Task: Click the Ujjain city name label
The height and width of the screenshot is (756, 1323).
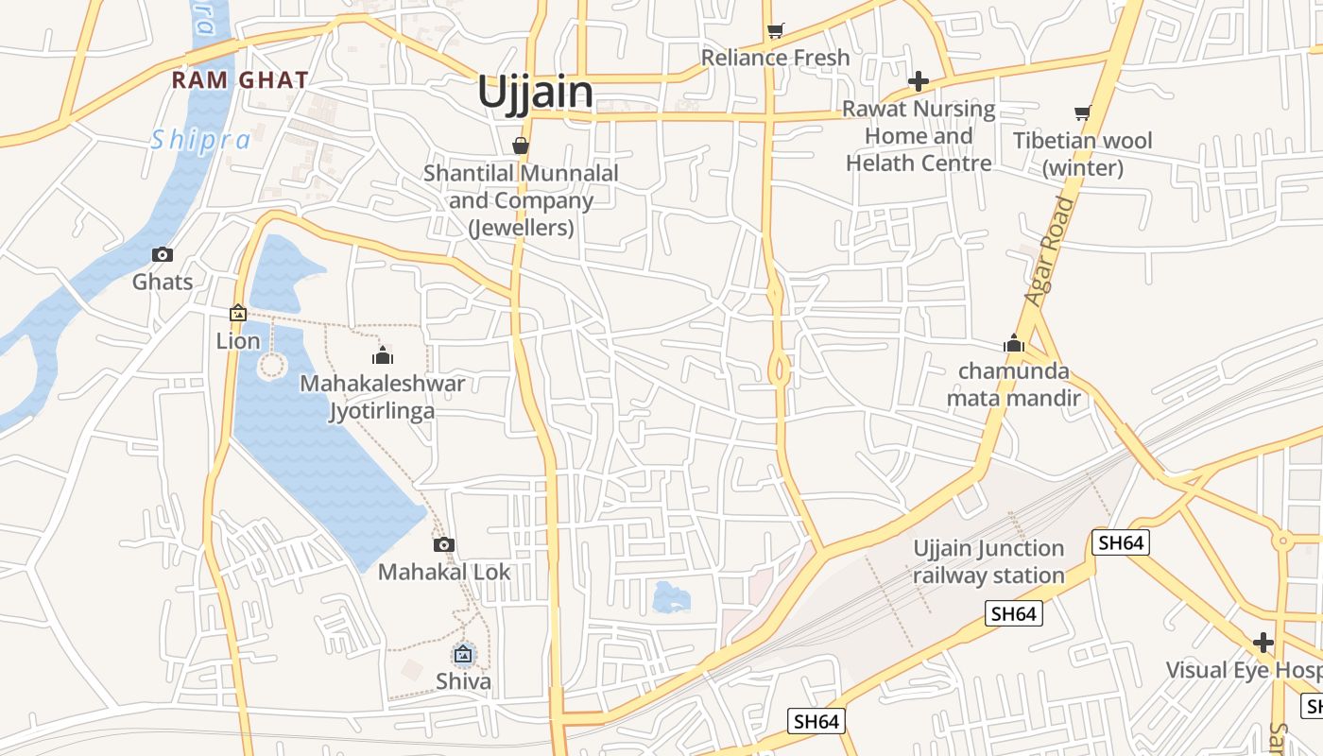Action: (x=535, y=93)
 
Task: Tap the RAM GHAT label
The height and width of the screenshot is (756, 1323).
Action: (x=240, y=80)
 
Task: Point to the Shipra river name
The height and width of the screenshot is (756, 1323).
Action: (x=201, y=140)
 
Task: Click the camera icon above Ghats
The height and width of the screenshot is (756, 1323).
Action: (x=163, y=254)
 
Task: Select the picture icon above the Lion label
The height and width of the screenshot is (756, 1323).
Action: (x=238, y=313)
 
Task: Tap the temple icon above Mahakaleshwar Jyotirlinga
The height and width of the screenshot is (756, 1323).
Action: (x=383, y=355)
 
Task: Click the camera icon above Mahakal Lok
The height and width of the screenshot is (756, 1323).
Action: (x=444, y=544)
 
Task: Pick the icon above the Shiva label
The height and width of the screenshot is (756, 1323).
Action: (x=463, y=654)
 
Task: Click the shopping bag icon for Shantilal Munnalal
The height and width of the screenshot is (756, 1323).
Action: (x=520, y=146)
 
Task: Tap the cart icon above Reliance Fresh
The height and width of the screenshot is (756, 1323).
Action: (x=776, y=31)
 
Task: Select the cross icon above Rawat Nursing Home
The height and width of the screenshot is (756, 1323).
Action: (x=918, y=81)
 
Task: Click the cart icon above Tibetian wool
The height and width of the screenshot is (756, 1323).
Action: (x=1083, y=113)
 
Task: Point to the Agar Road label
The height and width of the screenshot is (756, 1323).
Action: (x=1050, y=251)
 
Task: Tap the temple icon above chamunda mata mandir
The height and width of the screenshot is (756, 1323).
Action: (x=1014, y=343)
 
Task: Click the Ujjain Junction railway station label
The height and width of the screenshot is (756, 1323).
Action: (x=988, y=562)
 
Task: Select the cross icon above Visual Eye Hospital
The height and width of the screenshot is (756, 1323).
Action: (x=1263, y=644)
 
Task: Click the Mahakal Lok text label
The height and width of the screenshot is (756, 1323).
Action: (x=444, y=572)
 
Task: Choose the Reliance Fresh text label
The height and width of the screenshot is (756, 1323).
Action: (x=776, y=58)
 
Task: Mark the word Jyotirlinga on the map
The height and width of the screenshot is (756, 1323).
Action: (x=382, y=411)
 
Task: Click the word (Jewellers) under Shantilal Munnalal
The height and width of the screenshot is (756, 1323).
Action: (x=521, y=228)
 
